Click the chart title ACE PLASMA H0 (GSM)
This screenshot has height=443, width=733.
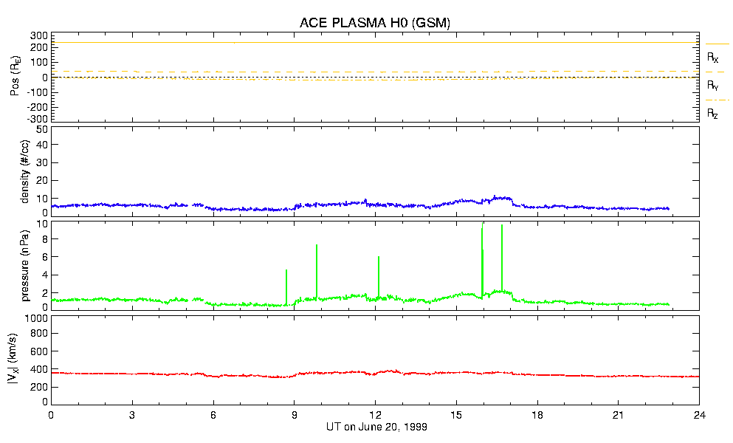375,23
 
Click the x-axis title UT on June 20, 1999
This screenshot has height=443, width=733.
376,427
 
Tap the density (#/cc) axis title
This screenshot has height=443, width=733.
26,171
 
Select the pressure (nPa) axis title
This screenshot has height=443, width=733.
26,264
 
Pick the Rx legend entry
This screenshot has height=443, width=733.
713,57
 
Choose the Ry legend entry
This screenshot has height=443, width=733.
713,85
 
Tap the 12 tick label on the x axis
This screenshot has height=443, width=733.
376,415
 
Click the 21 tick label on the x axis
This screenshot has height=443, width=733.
619,415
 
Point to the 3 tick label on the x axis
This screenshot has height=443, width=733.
132,415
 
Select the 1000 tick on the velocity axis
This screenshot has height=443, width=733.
37,319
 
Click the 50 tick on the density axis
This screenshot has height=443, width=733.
42,129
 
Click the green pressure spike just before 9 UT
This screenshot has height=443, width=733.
286,284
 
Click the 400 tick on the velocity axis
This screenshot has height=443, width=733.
39,369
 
